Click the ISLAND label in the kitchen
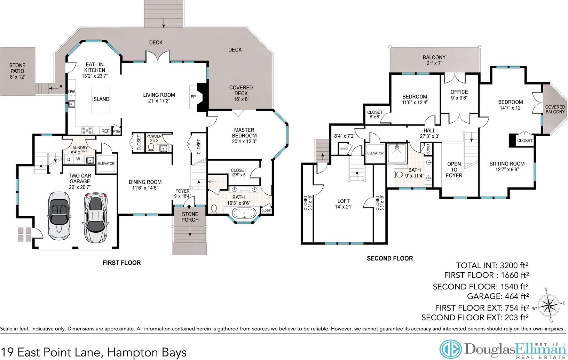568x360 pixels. click(x=101, y=99)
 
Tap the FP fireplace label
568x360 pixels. click(x=193, y=97)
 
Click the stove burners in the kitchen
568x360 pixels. click(x=87, y=131)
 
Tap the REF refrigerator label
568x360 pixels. click(x=105, y=131)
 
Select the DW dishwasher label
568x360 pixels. click(x=71, y=91)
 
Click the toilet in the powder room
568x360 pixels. click(x=151, y=148)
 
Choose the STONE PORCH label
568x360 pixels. click(x=190, y=217)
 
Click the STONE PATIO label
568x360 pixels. click(x=17, y=71)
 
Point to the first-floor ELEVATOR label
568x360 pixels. click(x=106, y=164)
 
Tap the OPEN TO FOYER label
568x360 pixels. click(x=454, y=169)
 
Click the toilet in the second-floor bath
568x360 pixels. click(x=399, y=174)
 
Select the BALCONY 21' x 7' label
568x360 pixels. click(x=434, y=60)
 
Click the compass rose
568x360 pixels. click(x=549, y=305)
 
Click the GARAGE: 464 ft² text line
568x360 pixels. click(x=498, y=296)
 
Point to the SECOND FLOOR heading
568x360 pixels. click(x=390, y=258)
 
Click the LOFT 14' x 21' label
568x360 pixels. click(x=344, y=204)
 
